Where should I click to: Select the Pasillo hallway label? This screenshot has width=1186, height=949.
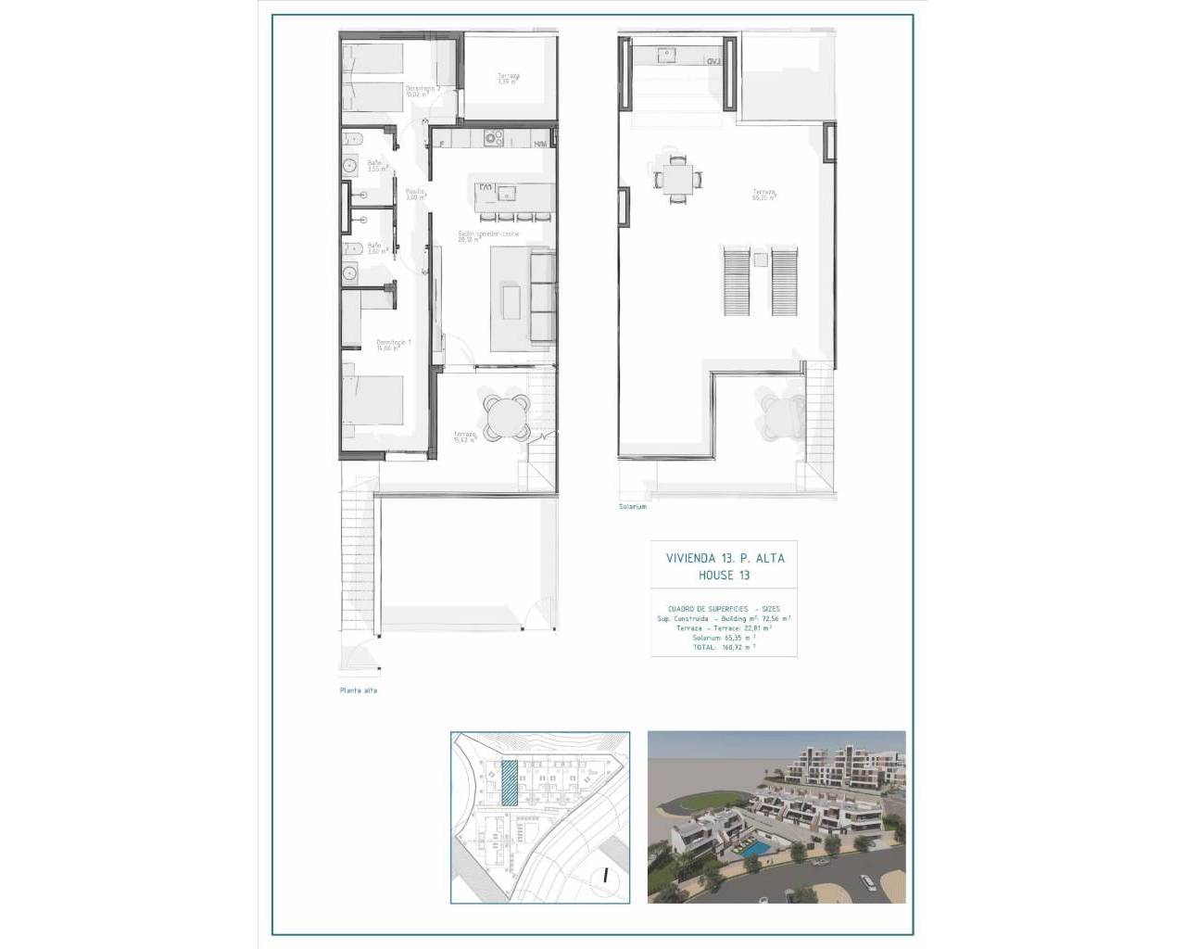click(x=414, y=194)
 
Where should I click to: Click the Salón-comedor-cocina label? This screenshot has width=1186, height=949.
click(x=481, y=236)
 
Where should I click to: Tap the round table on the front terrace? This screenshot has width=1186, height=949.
click(x=505, y=413)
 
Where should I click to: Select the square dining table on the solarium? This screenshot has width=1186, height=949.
click(x=676, y=177)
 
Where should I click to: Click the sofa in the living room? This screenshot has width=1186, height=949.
click(x=541, y=297)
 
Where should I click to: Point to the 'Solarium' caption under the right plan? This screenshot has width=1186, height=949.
click(x=634, y=507)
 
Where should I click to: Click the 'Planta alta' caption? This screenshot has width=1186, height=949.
click(x=358, y=690)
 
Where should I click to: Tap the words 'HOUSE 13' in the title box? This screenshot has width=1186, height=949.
click(x=724, y=576)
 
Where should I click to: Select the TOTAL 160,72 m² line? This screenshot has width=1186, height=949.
click(x=724, y=648)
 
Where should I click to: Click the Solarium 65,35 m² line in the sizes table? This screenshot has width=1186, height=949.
click(x=724, y=638)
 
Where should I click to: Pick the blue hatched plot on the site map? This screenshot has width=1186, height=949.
click(x=509, y=782)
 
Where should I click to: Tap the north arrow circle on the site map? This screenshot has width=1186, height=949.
click(x=604, y=874)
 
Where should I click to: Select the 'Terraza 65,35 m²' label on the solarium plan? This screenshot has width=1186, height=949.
click(x=763, y=196)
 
